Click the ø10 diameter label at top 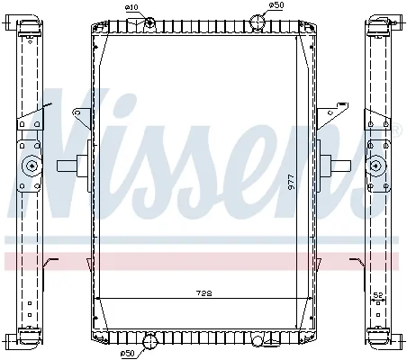tap(131, 7)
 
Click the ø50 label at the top tap(276, 4)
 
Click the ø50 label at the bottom tap(128, 354)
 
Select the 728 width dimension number tap(204, 292)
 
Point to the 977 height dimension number tap(291, 182)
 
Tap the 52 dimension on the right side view tap(378, 295)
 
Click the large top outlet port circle tap(258, 21)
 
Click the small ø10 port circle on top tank tap(149, 22)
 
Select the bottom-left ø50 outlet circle tap(149, 342)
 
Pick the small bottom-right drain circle tap(258, 340)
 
